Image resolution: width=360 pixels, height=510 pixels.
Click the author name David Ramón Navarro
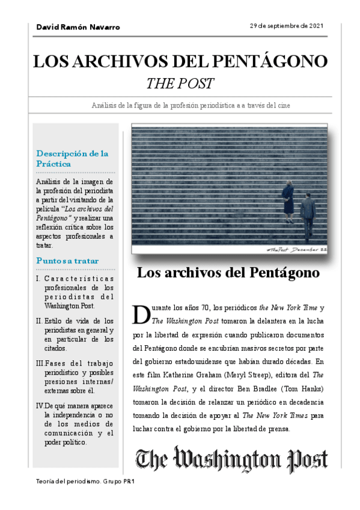coord(78,27)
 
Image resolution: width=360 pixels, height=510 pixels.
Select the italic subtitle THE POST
coord(180,83)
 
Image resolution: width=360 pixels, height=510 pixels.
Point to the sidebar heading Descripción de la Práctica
coord(72,158)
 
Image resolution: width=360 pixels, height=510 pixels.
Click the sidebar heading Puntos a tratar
coord(67,261)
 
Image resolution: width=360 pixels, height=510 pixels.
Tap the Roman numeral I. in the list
coord(38,279)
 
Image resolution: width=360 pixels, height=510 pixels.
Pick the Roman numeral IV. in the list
coord(40,405)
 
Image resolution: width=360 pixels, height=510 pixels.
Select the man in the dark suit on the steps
coord(307,214)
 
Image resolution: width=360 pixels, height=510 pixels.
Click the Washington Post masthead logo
coord(231,460)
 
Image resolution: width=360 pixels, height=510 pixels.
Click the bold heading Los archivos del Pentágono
coord(228,272)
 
